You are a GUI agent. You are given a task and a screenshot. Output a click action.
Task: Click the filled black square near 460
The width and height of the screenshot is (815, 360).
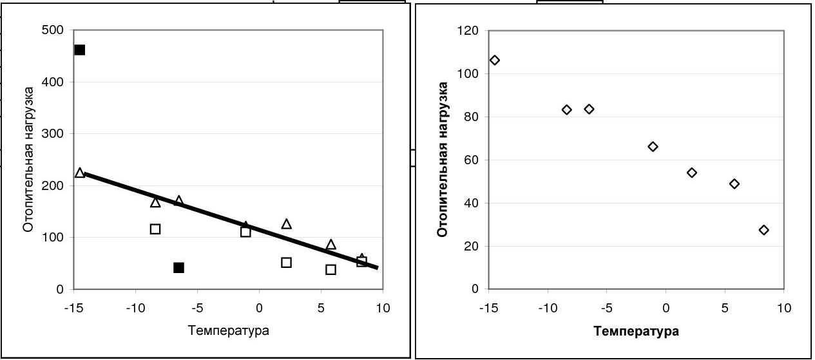click(80, 50)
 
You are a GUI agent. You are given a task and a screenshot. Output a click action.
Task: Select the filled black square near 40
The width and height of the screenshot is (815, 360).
click(179, 268)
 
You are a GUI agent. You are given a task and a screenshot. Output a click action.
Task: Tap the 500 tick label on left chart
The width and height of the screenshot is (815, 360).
click(54, 30)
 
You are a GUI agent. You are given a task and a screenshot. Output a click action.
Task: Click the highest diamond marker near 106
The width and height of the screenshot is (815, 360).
click(495, 60)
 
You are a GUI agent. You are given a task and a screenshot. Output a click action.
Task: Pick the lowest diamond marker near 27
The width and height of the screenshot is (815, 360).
click(764, 230)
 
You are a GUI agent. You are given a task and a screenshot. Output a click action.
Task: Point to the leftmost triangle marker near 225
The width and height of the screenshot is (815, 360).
click(80, 173)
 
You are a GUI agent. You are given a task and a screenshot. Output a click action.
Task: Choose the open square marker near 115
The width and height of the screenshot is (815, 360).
click(155, 229)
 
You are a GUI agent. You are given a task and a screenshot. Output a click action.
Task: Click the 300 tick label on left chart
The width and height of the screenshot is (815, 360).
click(54, 134)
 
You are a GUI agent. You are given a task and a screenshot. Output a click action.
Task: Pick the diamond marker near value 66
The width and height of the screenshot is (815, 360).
click(653, 147)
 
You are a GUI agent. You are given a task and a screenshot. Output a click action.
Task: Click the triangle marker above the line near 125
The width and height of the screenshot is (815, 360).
click(287, 224)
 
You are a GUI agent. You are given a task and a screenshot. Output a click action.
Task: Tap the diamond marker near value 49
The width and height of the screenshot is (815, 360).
click(734, 184)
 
